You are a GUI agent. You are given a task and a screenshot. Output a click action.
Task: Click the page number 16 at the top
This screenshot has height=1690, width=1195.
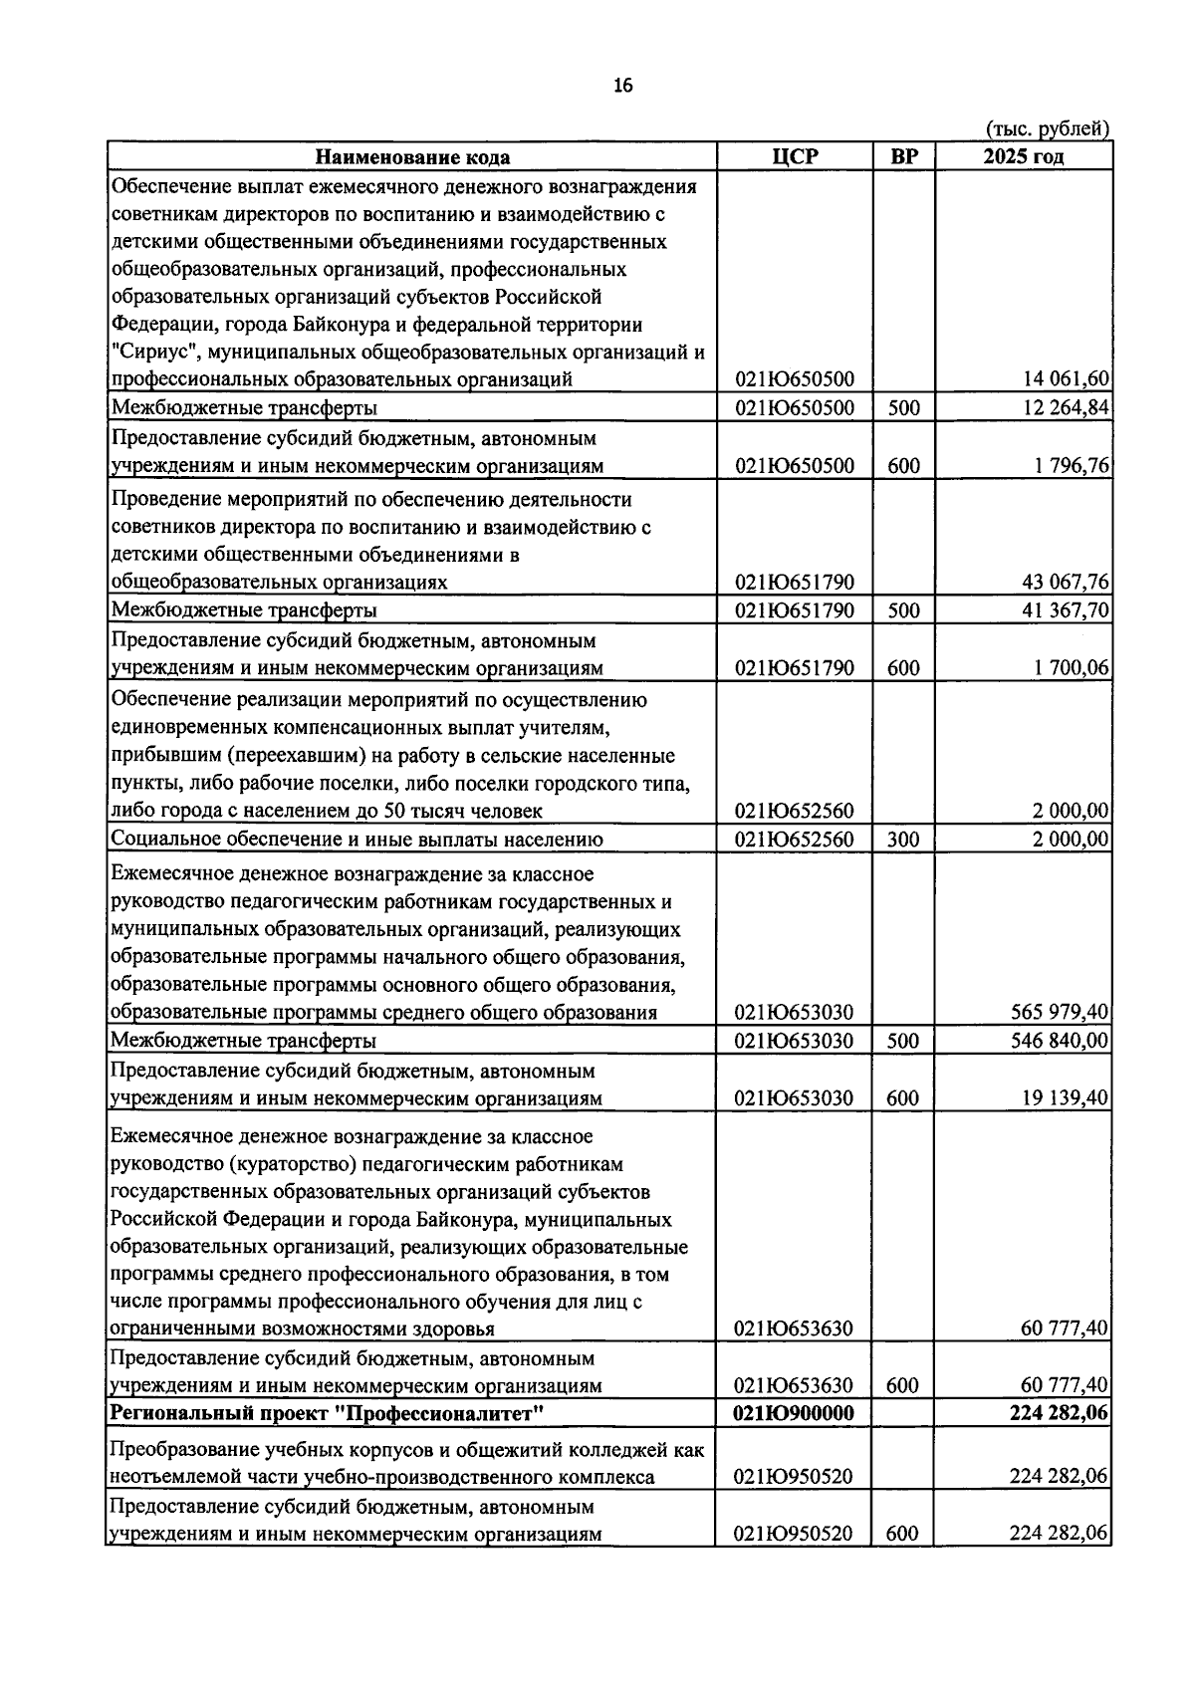pos(623,86)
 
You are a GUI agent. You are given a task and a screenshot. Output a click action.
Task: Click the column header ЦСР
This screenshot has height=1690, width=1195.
pos(794,157)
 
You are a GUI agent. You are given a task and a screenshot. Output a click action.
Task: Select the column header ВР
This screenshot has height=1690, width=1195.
pos(903,157)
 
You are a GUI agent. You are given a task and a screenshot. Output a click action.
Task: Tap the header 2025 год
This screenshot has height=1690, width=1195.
pos(1023,157)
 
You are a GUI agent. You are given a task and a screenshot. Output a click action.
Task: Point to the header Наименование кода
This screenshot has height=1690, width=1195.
pos(412,157)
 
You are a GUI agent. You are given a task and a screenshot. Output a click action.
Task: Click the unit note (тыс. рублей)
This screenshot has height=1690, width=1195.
pos(1047,128)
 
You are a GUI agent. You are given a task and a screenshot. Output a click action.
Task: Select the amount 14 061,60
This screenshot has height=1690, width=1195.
pos(1066,378)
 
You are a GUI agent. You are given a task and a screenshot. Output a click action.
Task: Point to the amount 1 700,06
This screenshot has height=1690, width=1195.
pos(1072,668)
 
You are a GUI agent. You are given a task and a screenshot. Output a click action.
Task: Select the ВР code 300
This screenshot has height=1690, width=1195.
pos(903,840)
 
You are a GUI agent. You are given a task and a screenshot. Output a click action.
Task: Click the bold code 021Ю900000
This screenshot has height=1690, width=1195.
pos(794,1414)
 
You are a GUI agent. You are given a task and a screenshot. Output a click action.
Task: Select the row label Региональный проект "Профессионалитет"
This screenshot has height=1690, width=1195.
pos(327,1414)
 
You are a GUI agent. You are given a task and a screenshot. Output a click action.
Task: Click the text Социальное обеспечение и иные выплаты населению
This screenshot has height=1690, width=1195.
pos(357,840)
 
